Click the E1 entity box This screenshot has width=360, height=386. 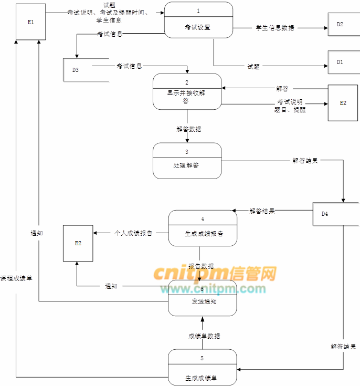coord(30,22)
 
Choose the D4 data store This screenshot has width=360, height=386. coord(335,213)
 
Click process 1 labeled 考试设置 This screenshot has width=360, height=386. coord(198,20)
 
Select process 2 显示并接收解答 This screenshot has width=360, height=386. coord(187,92)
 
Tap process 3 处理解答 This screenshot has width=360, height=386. coord(187,160)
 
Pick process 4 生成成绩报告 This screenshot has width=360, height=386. coord(202,228)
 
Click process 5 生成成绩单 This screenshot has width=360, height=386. coord(202,367)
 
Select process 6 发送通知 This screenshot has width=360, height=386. coord(202,298)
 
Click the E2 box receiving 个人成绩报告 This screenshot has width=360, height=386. coord(78,243)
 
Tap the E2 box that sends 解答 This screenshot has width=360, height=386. coord(343,103)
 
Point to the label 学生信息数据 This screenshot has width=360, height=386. coord(275,27)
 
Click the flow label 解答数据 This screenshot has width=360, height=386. coord(189,129)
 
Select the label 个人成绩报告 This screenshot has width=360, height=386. coord(133,233)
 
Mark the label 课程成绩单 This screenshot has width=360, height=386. coord(16,278)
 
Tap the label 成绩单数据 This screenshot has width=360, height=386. coord(204,336)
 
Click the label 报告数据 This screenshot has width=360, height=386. coord(201,266)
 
